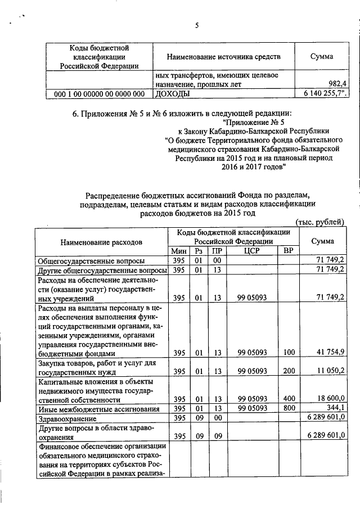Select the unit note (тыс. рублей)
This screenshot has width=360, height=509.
click(319, 222)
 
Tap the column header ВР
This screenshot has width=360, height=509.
click(288, 251)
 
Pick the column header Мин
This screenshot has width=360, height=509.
click(178, 251)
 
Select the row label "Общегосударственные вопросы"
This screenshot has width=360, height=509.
click(91, 261)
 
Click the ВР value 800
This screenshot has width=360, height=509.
click(289, 408)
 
